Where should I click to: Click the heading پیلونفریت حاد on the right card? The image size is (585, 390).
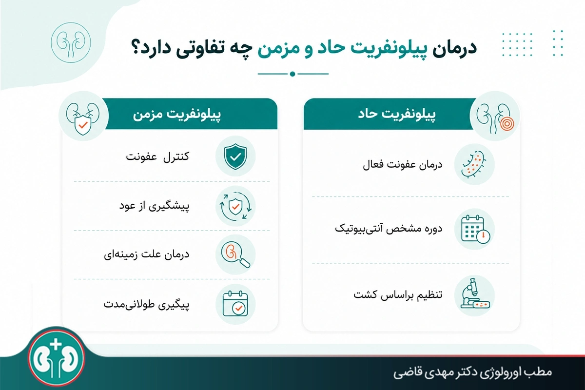click(x=397, y=114)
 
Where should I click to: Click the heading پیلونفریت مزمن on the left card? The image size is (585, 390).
click(x=177, y=115)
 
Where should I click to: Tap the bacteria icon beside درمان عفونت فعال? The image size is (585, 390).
click(x=474, y=164)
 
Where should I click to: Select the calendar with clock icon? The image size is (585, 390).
click(x=476, y=229)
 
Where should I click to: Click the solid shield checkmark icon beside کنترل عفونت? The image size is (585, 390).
click(x=235, y=156)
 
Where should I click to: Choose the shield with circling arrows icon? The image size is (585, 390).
click(x=235, y=206)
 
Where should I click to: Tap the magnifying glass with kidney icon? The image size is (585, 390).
click(x=235, y=255)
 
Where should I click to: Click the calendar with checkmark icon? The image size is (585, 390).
click(x=235, y=304)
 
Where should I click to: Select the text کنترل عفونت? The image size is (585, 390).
click(x=157, y=157)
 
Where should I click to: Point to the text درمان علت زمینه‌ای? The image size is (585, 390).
click(x=147, y=254)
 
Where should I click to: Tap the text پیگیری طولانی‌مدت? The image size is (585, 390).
click(x=146, y=304)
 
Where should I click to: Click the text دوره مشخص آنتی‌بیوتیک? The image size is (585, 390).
click(x=389, y=229)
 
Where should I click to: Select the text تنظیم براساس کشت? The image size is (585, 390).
click(x=398, y=294)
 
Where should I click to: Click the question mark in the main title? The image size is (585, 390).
click(x=137, y=47)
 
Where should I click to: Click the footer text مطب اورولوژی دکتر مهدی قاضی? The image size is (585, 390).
click(x=473, y=372)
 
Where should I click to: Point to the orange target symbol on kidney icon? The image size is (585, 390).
click(x=507, y=123)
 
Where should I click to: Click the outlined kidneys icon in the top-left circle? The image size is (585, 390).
click(x=71, y=42)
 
